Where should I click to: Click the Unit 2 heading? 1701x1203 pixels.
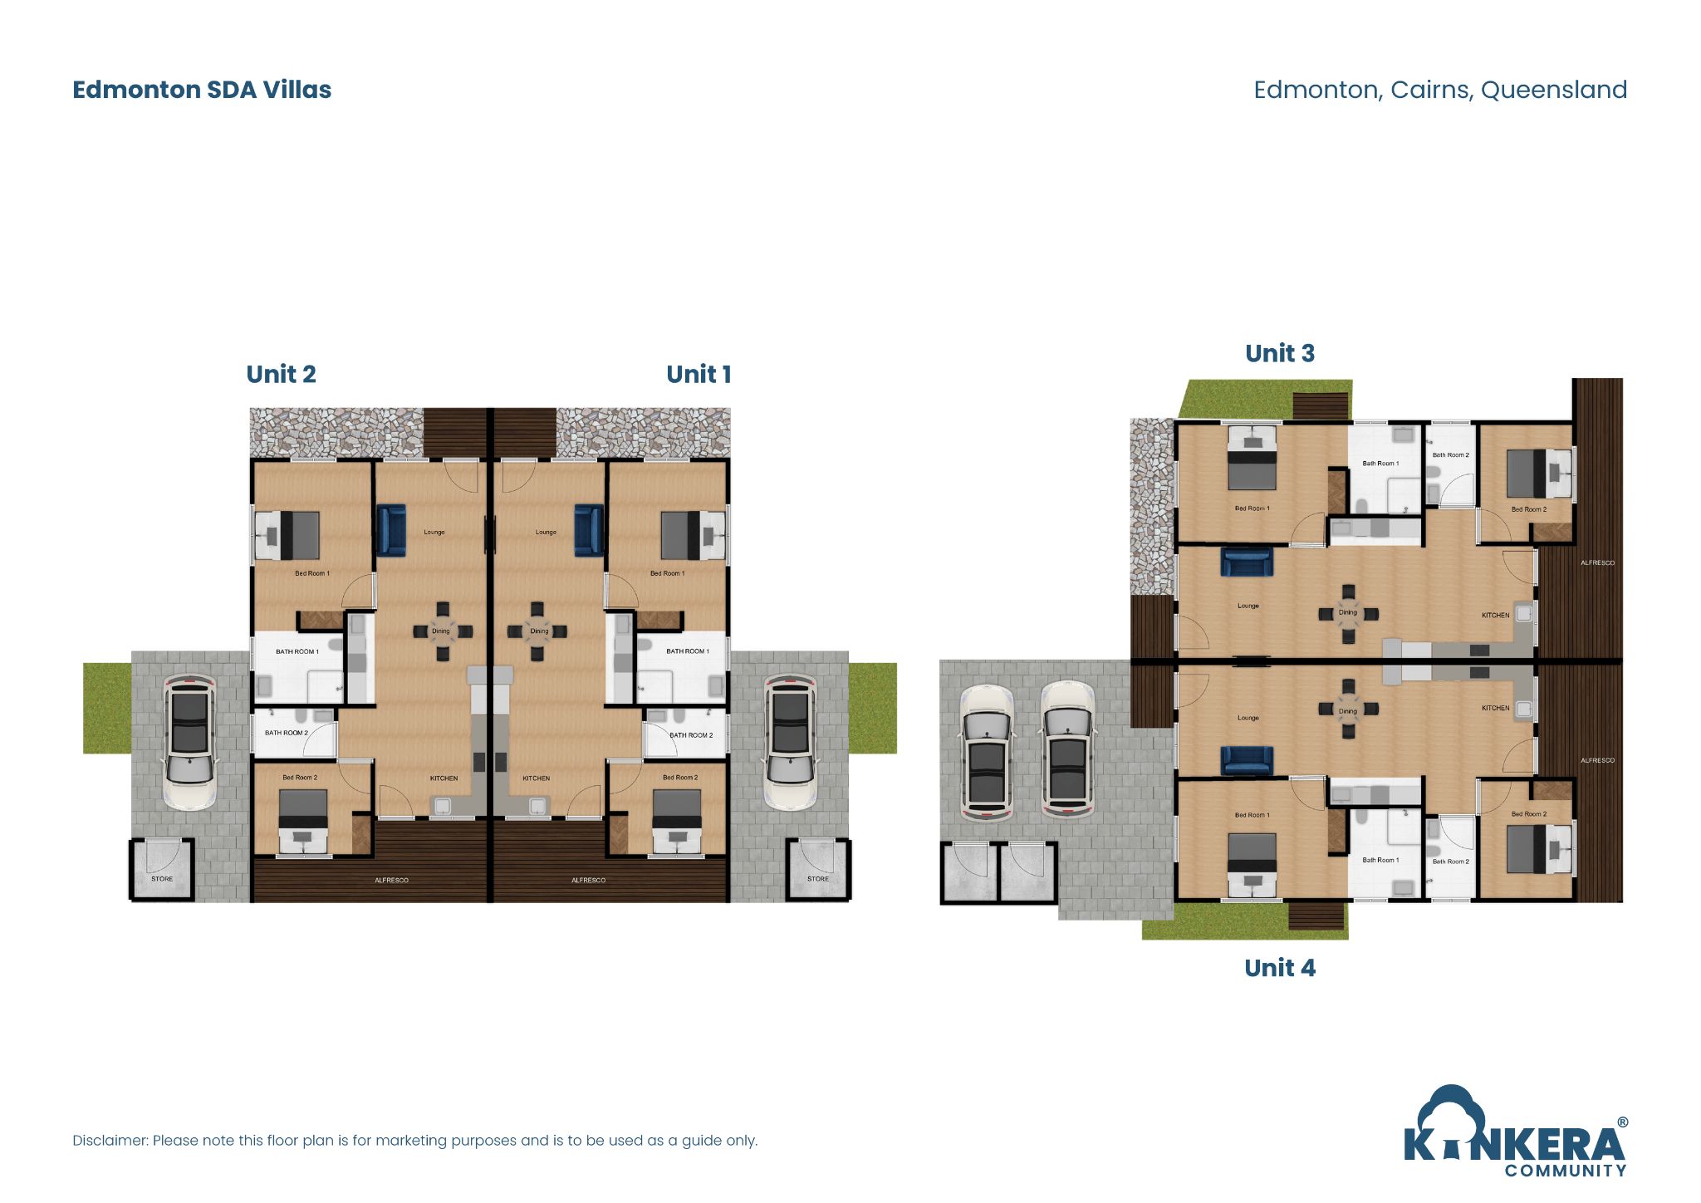point(281,375)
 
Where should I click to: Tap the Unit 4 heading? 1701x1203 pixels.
point(1279,968)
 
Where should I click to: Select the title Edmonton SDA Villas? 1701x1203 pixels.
point(202,90)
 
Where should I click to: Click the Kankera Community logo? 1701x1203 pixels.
point(1515,1134)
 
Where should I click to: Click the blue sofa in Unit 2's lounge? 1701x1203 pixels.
point(391,530)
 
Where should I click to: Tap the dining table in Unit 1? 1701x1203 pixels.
point(538,631)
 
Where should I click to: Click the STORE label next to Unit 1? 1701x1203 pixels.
point(817,879)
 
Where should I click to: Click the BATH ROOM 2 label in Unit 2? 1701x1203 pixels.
point(286,733)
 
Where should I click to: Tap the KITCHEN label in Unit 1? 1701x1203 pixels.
point(536,778)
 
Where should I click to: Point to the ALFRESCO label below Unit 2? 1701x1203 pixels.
point(391,880)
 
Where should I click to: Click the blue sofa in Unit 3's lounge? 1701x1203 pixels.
point(1247,562)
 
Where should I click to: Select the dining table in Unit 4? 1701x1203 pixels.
point(1348,710)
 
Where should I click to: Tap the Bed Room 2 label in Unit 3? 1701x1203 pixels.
point(1528,509)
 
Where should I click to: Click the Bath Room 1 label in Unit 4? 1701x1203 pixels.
point(1380,860)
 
